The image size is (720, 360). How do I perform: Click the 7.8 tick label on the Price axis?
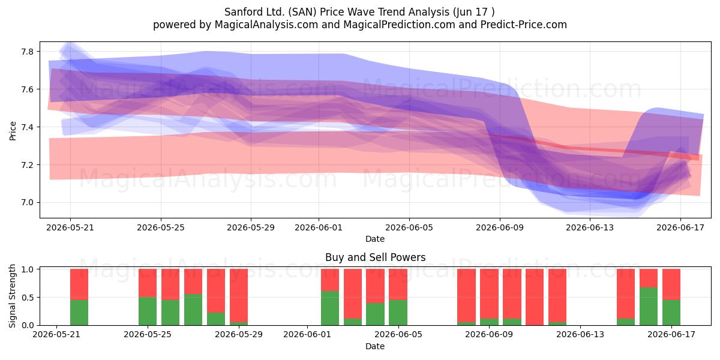pos(27,52)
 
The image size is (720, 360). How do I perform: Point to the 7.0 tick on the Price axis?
pos(27,203)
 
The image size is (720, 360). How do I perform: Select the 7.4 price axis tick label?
pos(27,127)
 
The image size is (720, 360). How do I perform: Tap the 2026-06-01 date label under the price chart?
pos(319,227)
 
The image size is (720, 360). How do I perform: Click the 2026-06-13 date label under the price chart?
pos(590,227)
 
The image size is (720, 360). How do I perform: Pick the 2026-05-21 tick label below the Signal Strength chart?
pos(56,335)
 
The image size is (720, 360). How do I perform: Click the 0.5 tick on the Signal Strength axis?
pos(27,298)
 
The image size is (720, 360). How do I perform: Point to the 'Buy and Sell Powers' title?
pos(375,257)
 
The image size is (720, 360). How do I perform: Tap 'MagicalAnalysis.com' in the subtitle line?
pos(266,25)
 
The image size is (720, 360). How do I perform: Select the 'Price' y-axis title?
pos(13,131)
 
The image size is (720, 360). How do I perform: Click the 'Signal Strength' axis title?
pos(12,296)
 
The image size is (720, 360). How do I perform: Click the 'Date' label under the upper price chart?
pos(375,239)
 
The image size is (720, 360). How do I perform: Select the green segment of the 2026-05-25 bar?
pos(148,311)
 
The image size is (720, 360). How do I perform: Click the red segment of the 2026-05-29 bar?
pos(239,295)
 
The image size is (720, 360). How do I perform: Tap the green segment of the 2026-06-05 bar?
pos(398,313)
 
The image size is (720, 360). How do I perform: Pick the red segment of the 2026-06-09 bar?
pos(489,294)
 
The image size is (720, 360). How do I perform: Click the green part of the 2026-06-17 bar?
pos(671,313)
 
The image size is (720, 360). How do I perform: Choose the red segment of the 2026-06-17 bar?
pos(671,284)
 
